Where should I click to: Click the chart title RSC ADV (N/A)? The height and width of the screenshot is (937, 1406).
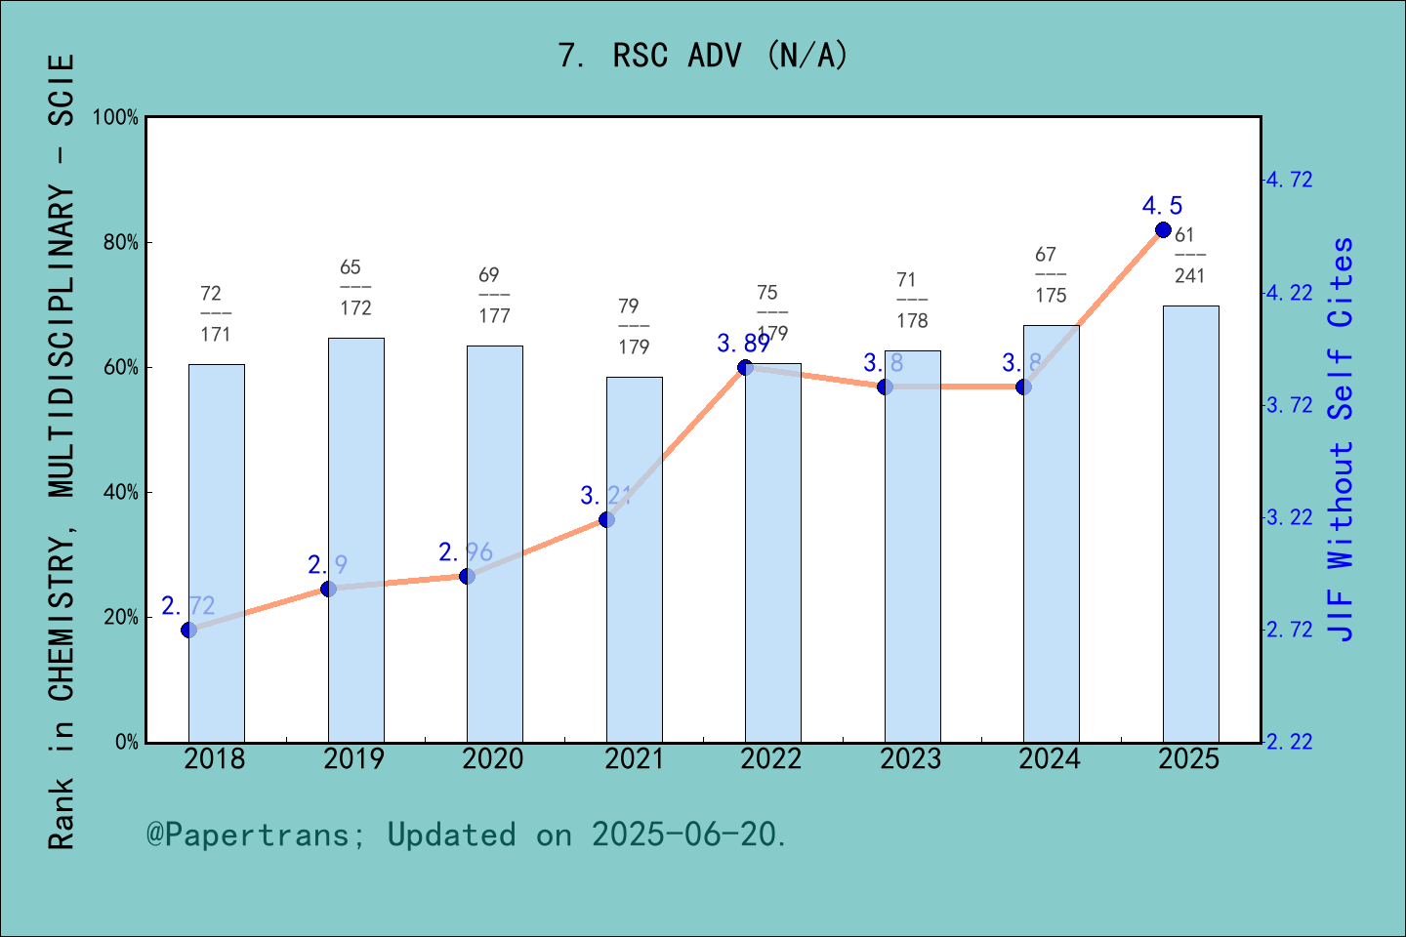click(703, 56)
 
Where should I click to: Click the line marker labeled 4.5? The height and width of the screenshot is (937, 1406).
click(1163, 230)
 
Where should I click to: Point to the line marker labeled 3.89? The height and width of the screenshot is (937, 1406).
click(745, 367)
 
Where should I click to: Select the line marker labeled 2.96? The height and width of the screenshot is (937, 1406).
click(467, 577)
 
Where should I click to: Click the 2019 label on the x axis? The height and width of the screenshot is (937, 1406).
click(354, 759)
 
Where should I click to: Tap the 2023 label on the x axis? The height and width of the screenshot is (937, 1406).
click(911, 759)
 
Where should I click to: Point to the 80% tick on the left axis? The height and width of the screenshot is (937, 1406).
click(121, 243)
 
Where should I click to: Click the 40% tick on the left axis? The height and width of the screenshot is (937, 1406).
click(121, 493)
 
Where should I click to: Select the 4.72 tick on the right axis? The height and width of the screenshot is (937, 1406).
click(1290, 180)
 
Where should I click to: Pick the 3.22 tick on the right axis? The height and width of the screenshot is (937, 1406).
click(1290, 517)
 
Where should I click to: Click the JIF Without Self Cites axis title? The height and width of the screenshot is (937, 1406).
click(1342, 439)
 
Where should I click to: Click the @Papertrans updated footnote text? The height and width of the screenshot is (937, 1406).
click(467, 835)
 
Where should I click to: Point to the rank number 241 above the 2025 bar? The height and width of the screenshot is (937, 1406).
click(1189, 276)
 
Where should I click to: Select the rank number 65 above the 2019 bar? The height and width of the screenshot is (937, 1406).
click(351, 267)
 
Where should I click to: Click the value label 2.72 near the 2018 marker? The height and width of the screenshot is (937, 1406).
click(188, 606)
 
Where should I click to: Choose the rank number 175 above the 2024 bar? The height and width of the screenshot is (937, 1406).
click(1051, 296)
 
